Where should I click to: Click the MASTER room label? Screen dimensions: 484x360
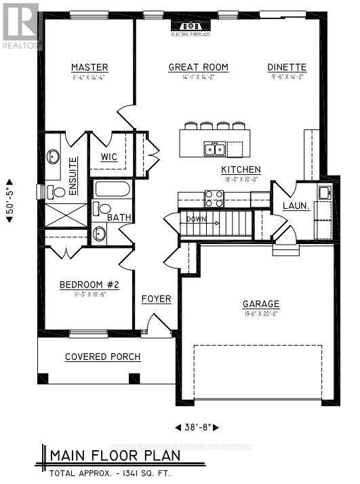pos(89,67)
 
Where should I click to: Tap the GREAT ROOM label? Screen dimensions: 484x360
pos(198,67)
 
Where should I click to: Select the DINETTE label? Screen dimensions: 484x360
pos(287,67)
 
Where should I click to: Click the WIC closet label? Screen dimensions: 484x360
pos(109,157)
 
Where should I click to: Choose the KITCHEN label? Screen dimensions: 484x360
pos(241,169)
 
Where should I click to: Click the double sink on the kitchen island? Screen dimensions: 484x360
pos(214,148)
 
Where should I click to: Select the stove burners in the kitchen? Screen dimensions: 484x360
pos(214,198)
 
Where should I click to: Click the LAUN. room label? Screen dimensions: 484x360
pos(296,205)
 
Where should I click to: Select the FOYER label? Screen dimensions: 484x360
pos(156,299)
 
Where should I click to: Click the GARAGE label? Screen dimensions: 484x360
pos(260,304)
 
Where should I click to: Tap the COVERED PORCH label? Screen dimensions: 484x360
pos(102,357)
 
